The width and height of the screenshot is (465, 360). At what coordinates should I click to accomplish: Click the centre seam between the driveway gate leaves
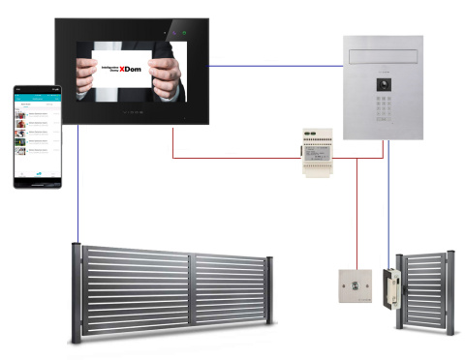point(193,290)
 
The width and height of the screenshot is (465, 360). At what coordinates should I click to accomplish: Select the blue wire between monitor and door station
point(277,67)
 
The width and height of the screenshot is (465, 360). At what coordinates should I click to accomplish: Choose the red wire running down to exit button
point(356,213)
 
